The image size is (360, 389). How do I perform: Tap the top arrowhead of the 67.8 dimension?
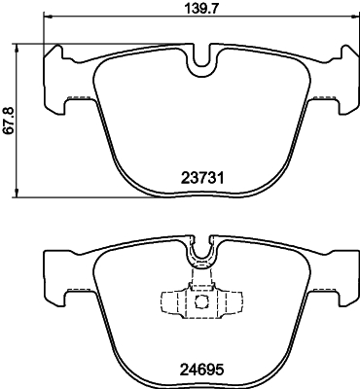coord(21,45)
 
